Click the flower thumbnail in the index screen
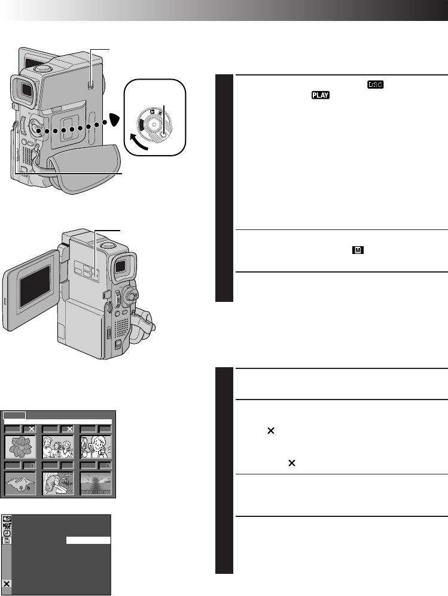click(x=20, y=446)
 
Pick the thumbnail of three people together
click(x=57, y=446)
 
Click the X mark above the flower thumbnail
click(x=31, y=429)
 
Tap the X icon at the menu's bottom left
click(x=7, y=583)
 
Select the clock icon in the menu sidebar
click(x=7, y=533)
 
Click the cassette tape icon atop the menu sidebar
click(x=7, y=519)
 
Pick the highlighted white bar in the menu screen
click(x=88, y=540)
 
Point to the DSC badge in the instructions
click(x=374, y=86)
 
